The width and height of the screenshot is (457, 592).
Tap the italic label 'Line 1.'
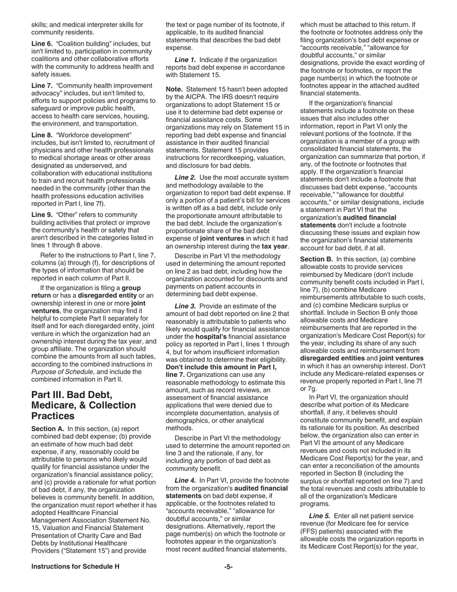click(x=185, y=59)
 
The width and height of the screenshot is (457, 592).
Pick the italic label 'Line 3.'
click(x=185, y=306)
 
